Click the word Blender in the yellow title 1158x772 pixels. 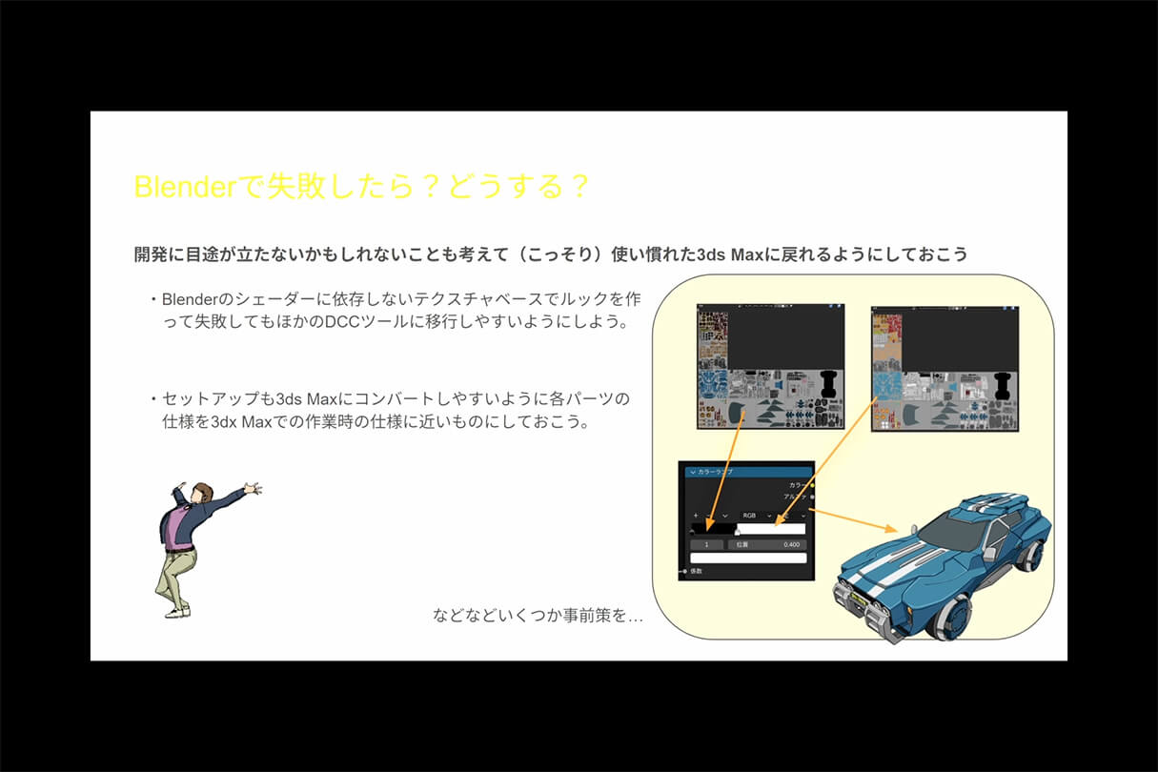point(183,187)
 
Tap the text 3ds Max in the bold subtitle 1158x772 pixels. point(738,254)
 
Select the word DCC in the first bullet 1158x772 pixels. point(348,322)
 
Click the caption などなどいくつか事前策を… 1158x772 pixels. point(538,616)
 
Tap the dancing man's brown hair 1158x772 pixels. point(202,492)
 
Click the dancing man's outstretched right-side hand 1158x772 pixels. point(253,488)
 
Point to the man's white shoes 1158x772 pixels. point(176,610)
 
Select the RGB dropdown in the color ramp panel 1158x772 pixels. point(755,516)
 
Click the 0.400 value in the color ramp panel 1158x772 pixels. point(791,544)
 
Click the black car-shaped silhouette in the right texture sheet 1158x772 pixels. point(1002,386)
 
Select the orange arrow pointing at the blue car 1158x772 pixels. point(858,520)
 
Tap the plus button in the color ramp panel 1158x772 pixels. point(695,516)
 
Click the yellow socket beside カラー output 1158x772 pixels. point(812,485)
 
